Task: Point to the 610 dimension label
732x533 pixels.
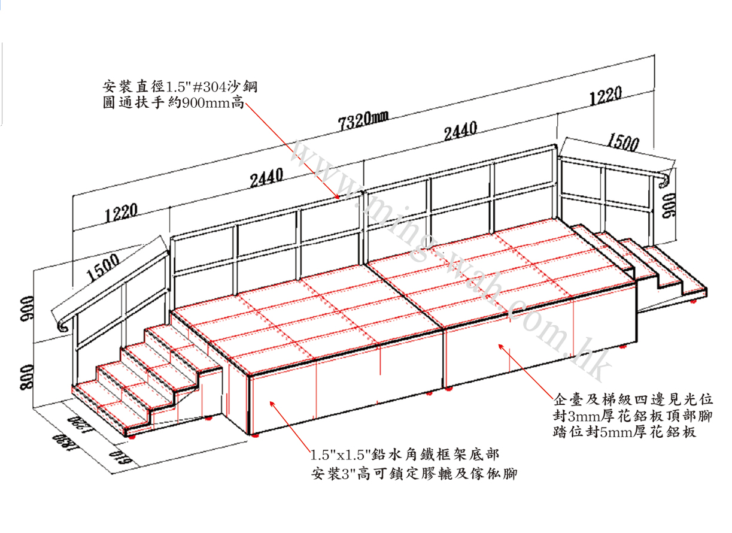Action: click(x=120, y=458)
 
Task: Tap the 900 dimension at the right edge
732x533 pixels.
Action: click(x=669, y=207)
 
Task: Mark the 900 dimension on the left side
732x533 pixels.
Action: click(x=25, y=310)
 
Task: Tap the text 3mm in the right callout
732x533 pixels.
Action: click(x=578, y=415)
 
